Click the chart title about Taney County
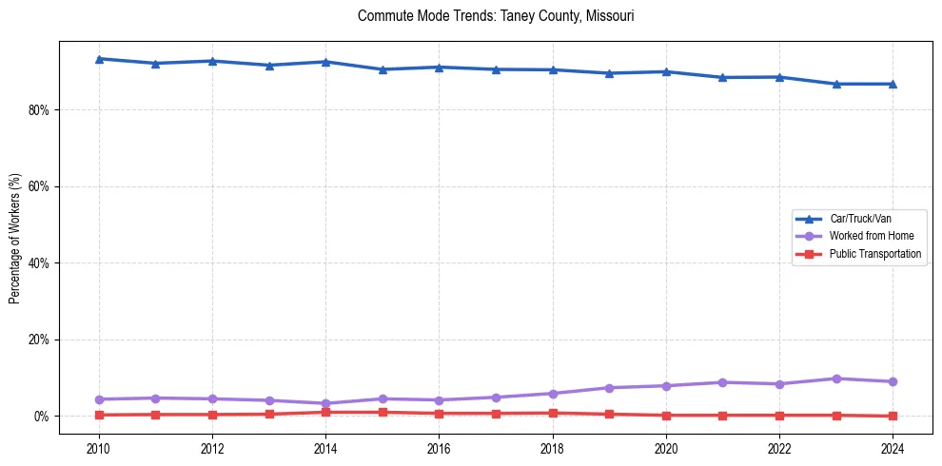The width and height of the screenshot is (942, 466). (496, 16)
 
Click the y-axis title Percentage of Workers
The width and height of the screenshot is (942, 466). (14, 238)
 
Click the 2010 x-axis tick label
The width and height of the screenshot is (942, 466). (99, 447)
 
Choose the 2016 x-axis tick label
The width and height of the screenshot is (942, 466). (439, 447)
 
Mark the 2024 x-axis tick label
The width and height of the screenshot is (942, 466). (892, 447)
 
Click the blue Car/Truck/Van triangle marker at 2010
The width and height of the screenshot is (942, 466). (99, 59)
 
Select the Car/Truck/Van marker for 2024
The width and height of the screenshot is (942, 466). (892, 84)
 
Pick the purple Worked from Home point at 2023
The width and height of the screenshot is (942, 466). (835, 379)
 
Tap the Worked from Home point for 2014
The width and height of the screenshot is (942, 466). (325, 403)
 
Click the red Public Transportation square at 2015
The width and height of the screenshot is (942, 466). (383, 412)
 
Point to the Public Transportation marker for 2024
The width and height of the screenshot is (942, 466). (892, 416)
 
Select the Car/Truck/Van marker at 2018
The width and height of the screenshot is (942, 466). (552, 69)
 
